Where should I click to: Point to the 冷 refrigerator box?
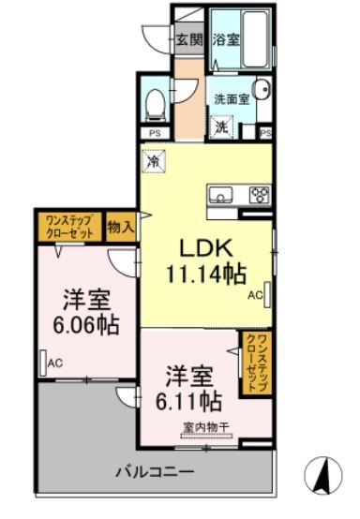(x=153, y=160)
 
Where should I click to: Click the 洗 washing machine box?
(x=221, y=125)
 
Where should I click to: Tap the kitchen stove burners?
(x=258, y=196)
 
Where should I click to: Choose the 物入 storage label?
(x=119, y=226)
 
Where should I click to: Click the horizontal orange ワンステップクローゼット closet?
(x=68, y=226)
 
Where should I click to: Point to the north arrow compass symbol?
(x=322, y=474)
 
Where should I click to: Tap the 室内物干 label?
(x=204, y=432)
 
